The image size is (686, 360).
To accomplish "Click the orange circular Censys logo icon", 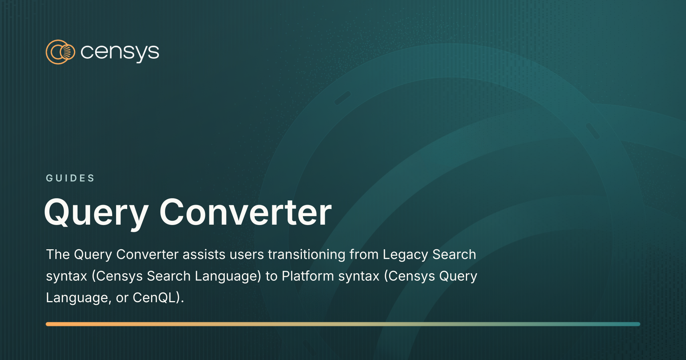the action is (60, 52).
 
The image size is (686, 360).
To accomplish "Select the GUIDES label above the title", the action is (70, 178).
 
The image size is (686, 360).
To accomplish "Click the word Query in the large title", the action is (96, 213).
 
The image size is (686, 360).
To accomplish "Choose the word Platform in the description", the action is (308, 276).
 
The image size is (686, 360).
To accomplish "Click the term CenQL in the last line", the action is (154, 297).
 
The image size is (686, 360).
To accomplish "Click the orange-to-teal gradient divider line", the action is (343, 324).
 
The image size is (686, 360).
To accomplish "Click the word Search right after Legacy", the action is (454, 255).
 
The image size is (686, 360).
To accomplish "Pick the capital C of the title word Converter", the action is (173, 212).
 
